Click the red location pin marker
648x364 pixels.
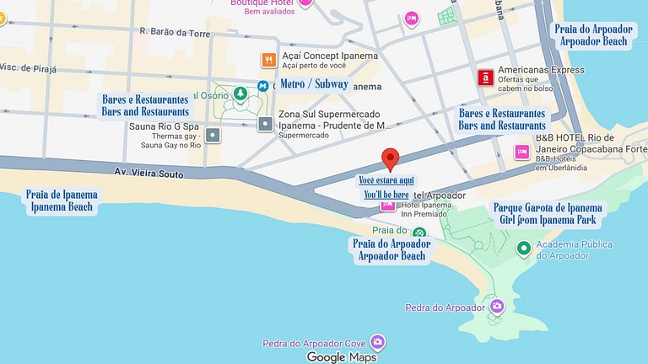click(x=390, y=158)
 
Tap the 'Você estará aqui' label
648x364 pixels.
click(x=386, y=180)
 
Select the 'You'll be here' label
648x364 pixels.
click(x=386, y=195)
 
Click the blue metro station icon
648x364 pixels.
click(x=263, y=85)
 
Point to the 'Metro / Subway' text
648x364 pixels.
click(x=314, y=84)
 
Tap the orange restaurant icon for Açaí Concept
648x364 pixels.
click(x=267, y=60)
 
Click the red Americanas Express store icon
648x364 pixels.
click(x=485, y=78)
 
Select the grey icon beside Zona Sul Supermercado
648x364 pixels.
click(x=266, y=124)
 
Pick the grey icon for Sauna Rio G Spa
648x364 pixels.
click(x=213, y=135)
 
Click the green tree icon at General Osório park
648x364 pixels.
click(x=240, y=93)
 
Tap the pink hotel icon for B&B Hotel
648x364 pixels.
click(x=522, y=152)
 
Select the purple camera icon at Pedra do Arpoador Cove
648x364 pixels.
click(x=377, y=342)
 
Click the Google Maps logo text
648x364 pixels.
click(x=341, y=357)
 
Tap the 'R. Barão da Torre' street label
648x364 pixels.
click(x=175, y=32)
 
